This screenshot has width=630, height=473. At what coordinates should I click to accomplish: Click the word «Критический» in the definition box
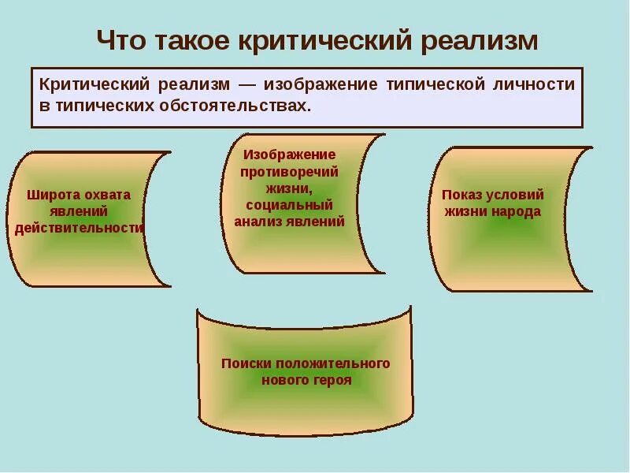point(93,84)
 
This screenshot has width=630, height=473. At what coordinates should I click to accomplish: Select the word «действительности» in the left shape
point(79,229)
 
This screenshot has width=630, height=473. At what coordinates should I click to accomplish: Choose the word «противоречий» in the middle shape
point(290,171)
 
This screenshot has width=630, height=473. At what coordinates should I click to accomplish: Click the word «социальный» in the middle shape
point(290,205)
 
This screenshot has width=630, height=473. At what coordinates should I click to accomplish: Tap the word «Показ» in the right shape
point(461,195)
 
